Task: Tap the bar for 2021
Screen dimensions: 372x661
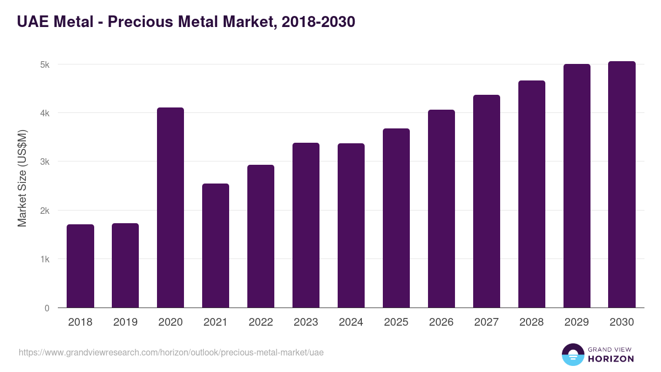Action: pos(215,246)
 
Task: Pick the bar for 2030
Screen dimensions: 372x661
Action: pos(622,185)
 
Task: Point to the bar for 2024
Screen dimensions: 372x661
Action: pos(351,225)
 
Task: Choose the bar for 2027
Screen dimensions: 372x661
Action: pos(486,201)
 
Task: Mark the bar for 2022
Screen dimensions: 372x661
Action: pos(261,236)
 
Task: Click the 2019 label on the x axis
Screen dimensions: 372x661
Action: pos(125,322)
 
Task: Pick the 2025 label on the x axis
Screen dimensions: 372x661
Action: pos(396,322)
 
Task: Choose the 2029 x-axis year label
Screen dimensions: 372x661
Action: pos(577,322)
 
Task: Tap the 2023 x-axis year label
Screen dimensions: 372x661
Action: pos(306,322)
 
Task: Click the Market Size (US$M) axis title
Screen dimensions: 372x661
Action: pos(22,178)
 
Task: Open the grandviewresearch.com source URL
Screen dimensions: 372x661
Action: pos(171,352)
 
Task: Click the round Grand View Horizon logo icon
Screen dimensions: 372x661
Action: pos(572,354)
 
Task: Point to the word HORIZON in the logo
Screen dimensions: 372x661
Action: pos(611,359)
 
